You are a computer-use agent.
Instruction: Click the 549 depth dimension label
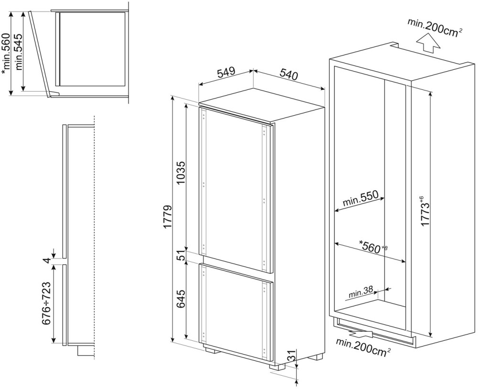pos(226,73)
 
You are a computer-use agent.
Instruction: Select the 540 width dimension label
pos(288,75)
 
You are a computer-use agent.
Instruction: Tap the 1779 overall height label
pos(168,217)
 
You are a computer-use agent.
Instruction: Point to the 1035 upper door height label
pos(181,173)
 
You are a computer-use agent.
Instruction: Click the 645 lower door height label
pos(181,299)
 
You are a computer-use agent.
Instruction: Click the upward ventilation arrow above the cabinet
pos(429,44)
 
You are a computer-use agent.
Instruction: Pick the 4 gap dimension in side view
pos(46,261)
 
